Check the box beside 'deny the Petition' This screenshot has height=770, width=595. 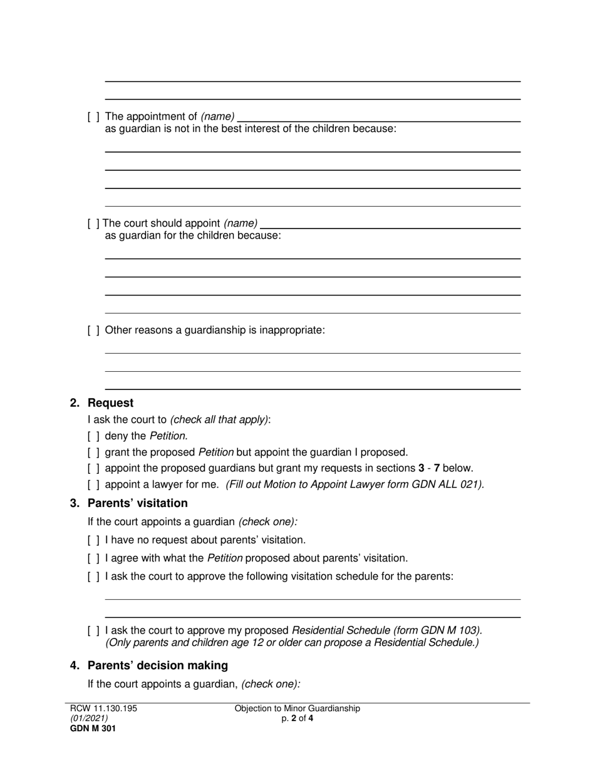[93, 436]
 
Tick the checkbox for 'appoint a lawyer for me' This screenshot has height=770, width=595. [93, 485]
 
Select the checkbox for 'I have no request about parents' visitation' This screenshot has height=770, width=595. [93, 540]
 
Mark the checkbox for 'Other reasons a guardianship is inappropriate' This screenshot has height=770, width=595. [93, 331]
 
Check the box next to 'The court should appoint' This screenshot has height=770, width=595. [93, 223]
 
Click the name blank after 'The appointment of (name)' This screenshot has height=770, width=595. [379, 117]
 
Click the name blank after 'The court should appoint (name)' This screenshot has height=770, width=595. [391, 223]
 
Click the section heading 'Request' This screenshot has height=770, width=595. [110, 403]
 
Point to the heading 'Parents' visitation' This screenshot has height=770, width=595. [137, 503]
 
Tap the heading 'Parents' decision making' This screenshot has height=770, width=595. [157, 665]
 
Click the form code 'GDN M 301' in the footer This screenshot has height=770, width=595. [93, 728]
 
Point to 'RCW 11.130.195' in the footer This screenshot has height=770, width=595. [103, 709]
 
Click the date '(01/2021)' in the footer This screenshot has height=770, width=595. [89, 719]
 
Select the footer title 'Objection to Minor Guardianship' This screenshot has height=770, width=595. [297, 709]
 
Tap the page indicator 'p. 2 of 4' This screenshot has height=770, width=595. [297, 719]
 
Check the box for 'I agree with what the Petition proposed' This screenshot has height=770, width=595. [93, 558]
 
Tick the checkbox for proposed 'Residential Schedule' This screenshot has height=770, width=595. [93, 630]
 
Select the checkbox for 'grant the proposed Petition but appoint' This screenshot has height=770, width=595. [93, 452]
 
